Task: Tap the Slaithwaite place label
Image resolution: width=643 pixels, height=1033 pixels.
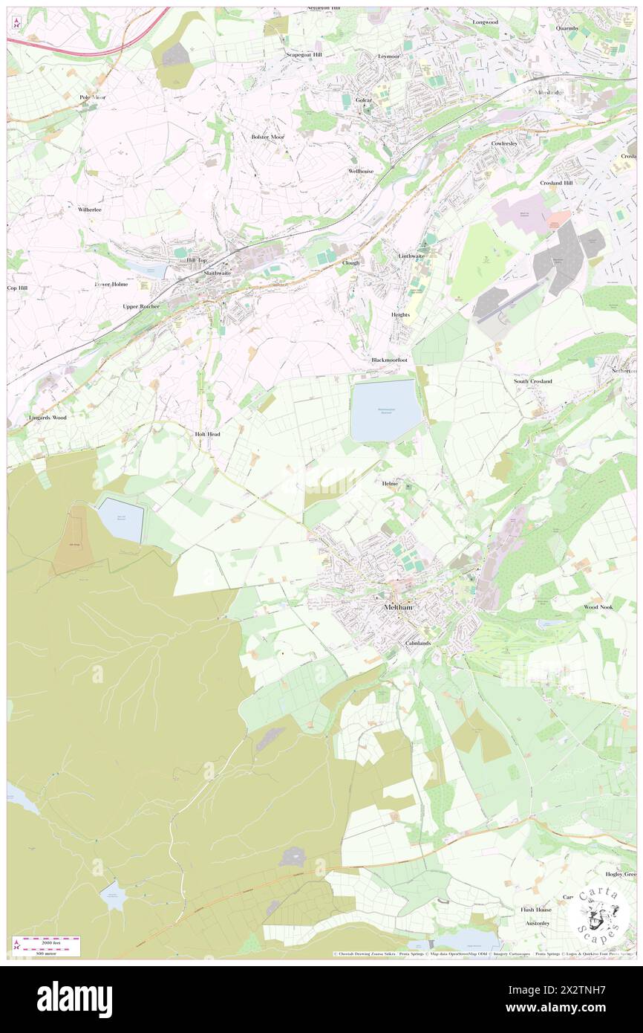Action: [x=218, y=273]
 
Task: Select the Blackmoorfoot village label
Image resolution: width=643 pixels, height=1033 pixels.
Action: [x=390, y=360]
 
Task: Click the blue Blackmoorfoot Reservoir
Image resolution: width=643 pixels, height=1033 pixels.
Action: [x=385, y=409]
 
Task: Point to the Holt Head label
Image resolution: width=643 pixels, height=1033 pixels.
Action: [x=207, y=433]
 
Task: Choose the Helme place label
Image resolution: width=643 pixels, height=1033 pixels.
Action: [x=390, y=484]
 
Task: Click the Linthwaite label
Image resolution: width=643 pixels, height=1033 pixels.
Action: [x=411, y=256]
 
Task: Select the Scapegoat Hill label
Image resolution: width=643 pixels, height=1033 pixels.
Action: [x=304, y=55]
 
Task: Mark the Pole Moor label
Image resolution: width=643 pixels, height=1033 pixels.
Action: [x=93, y=97]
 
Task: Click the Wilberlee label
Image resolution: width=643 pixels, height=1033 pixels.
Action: [x=89, y=210]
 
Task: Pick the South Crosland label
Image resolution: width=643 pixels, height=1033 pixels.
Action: [x=533, y=381]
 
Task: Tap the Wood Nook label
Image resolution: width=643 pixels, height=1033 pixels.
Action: [x=598, y=607]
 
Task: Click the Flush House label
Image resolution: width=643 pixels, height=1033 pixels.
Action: [x=535, y=910]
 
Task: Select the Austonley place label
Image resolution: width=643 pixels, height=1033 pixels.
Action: [x=538, y=923]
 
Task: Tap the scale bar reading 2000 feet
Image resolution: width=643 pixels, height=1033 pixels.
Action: [x=50, y=941]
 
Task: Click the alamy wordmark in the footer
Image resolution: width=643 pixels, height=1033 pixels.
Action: [x=74, y=1000]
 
